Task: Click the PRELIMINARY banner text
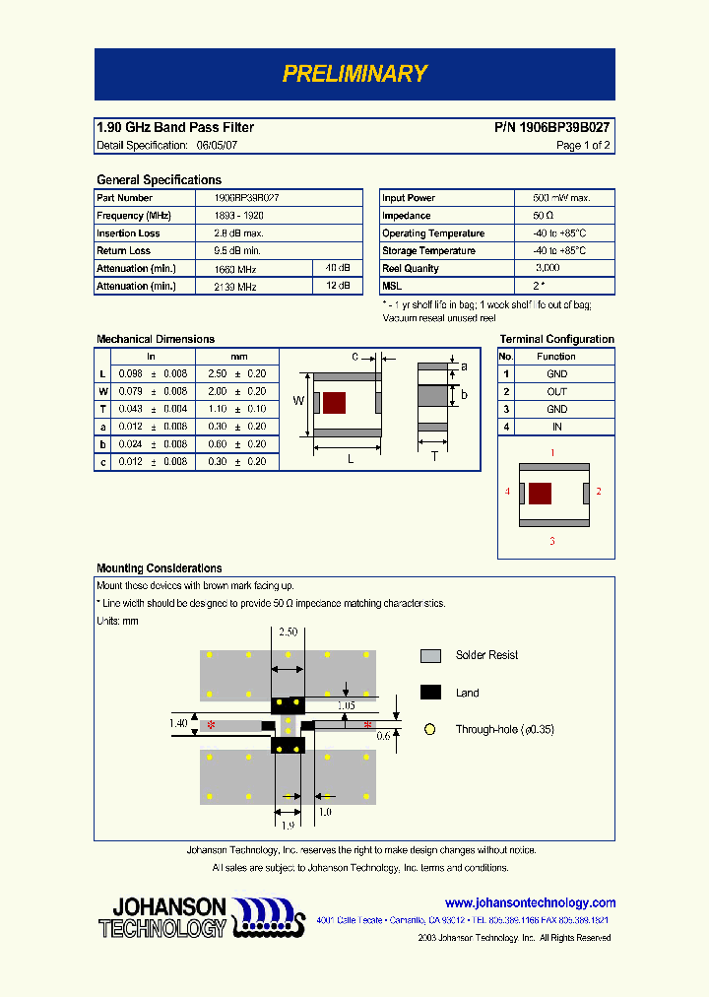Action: tap(354, 74)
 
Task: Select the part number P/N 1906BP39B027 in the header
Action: tap(551, 127)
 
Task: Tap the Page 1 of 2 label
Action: tap(583, 146)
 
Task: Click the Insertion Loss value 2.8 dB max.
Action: tap(238, 233)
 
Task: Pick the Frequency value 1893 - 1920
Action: tap(238, 216)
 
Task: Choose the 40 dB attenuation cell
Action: tap(337, 269)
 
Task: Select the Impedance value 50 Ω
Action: tap(544, 216)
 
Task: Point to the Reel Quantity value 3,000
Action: tap(548, 269)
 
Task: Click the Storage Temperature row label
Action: tap(433, 251)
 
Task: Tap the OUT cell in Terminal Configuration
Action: tap(556, 392)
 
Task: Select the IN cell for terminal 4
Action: tap(556, 428)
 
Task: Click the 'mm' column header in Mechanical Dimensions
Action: tap(238, 357)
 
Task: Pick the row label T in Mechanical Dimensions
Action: tap(102, 410)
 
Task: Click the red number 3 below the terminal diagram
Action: tap(552, 541)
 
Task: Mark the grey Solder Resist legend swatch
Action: tap(430, 656)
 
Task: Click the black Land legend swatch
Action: tap(430, 693)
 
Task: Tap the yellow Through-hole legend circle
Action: tap(429, 730)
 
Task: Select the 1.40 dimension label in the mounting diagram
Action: tap(177, 724)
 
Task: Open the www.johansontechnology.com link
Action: tap(530, 902)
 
